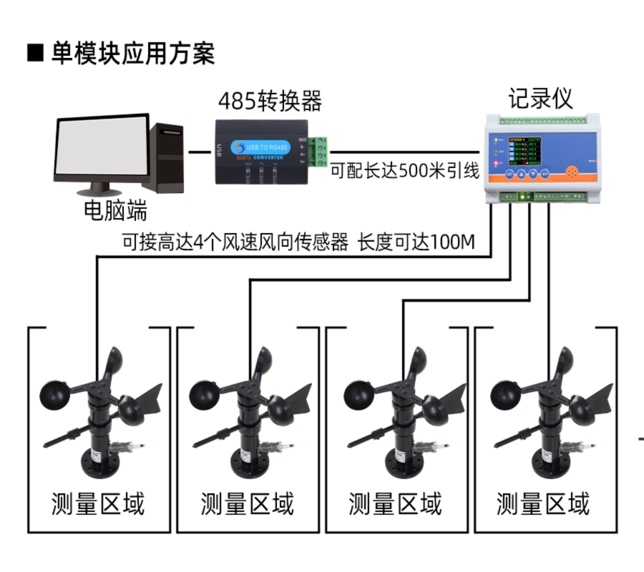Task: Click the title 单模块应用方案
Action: [x=132, y=53]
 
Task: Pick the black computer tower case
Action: [x=167, y=157]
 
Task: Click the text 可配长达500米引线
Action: [x=404, y=172]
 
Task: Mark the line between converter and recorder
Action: [x=404, y=152]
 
